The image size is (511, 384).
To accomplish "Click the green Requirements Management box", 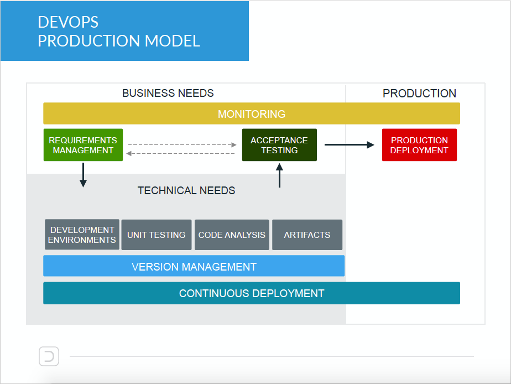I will point(83,145).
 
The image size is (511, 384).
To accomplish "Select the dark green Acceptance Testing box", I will point(279,145).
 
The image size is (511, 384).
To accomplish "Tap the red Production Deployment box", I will point(419,145).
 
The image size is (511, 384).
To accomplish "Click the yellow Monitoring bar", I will point(252,114).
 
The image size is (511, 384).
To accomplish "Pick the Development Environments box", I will point(82,235).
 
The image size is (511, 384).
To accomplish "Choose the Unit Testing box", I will point(157,235).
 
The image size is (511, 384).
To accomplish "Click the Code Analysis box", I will point(232,235).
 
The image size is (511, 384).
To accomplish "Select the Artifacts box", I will point(307,235).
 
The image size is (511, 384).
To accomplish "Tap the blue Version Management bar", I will point(194,266).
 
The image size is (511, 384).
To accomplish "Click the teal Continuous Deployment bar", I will point(252,293).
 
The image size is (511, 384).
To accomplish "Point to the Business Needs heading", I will point(168,93).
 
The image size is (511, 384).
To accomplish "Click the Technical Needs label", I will point(186,190).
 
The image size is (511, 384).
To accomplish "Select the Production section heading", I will point(419,93).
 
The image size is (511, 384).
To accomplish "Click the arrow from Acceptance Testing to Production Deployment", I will point(349,145).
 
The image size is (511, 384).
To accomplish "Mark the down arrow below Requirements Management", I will point(83,175).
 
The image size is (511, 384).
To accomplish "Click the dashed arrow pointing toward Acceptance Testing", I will point(182,145).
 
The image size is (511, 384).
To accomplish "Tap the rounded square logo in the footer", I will point(49,356).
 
